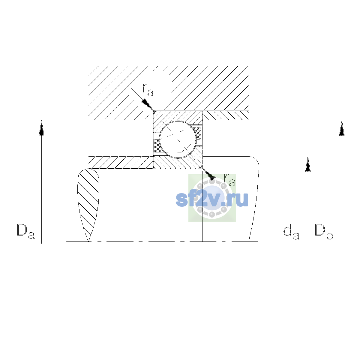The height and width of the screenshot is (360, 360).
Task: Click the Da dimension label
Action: tap(26, 232)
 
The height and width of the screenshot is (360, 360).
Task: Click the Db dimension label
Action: tap(324, 232)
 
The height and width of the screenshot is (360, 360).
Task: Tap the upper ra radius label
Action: tap(148, 90)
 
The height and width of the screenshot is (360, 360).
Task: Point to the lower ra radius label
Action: tap(230, 180)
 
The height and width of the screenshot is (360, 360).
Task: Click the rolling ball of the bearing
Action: tap(178, 139)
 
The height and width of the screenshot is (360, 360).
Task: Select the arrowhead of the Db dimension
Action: tap(342, 128)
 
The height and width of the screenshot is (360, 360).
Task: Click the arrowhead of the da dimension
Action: tap(308, 164)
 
